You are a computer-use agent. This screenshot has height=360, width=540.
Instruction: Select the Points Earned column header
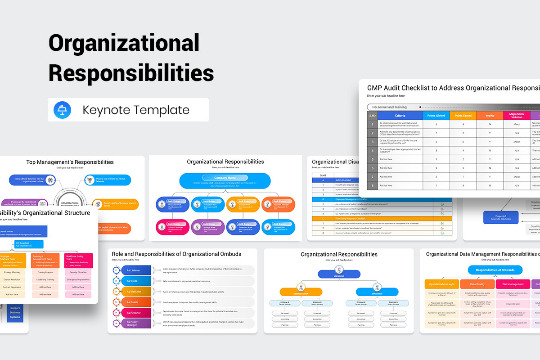tap(463, 116)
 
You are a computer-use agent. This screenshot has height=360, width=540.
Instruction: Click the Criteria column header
tap(400, 116)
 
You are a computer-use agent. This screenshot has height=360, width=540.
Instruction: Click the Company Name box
tap(225, 178)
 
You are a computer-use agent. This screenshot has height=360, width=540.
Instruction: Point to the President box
tap(339, 274)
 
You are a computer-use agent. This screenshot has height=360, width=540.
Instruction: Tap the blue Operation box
tap(377, 292)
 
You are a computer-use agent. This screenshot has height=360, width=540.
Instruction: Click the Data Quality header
tap(477, 284)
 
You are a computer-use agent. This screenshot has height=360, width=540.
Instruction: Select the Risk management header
tap(513, 284)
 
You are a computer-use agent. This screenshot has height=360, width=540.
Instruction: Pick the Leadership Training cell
tap(45, 279)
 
